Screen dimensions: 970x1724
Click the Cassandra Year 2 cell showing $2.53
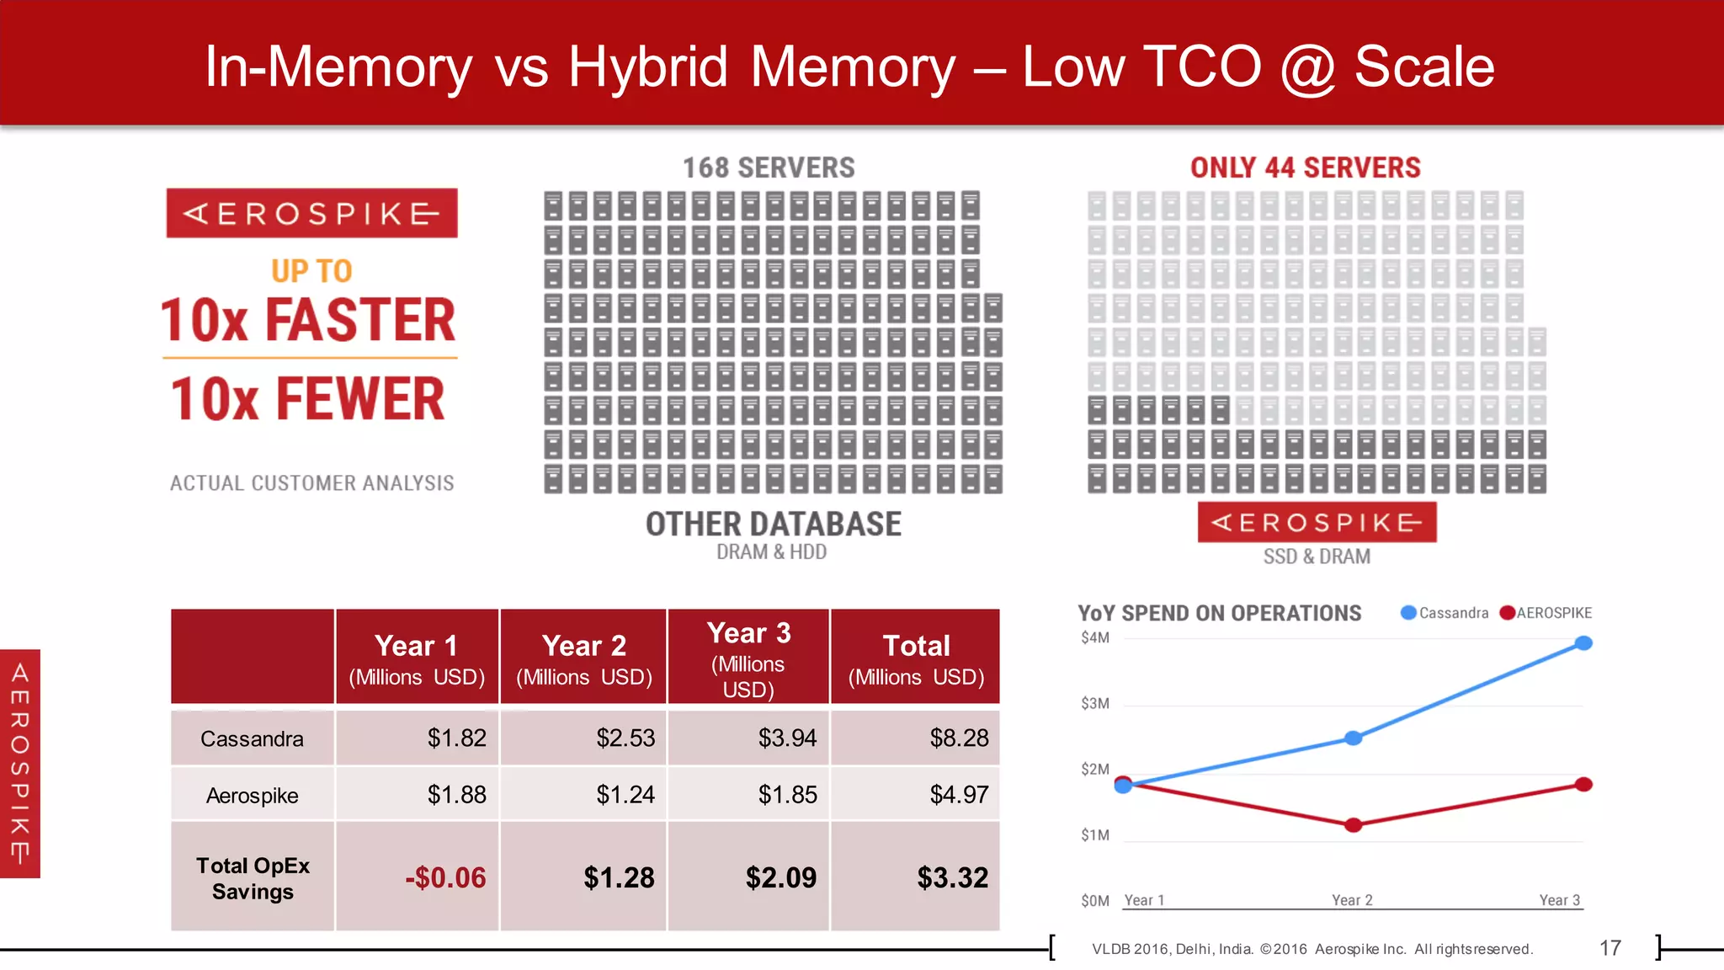[625, 738]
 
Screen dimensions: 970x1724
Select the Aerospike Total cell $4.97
[958, 794]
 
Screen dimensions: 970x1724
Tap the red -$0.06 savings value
[445, 877]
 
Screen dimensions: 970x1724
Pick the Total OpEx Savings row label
[253, 878]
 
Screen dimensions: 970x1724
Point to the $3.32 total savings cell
[952, 877]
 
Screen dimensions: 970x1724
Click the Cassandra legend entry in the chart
[1445, 613]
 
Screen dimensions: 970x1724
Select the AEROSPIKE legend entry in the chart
[1546, 613]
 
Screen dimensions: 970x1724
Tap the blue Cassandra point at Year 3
[1583, 643]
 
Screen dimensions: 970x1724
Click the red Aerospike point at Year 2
[1353, 825]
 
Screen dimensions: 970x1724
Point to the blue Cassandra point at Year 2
[1353, 738]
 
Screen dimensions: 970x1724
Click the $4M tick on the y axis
[1095, 637]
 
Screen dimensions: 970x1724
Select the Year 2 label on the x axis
[1352, 900]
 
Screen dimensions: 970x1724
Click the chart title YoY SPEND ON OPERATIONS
[1219, 613]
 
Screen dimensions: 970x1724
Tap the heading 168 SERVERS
[768, 168]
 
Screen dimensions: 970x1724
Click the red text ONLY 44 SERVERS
[1305, 168]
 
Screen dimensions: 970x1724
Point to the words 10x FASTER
[308, 320]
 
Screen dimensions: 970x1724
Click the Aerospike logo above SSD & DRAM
[1317, 522]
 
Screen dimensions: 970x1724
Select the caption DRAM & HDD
[771, 552]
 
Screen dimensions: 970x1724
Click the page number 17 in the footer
[1610, 948]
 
